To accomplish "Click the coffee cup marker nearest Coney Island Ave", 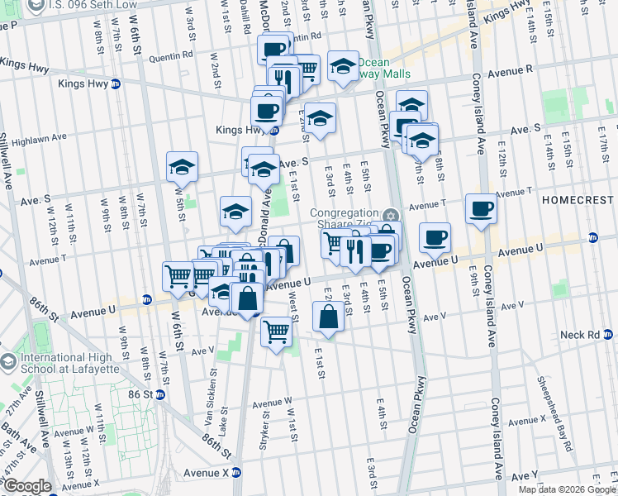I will click(480, 209).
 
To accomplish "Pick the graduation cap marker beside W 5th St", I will click(182, 168).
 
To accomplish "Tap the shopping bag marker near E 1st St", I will click(328, 317).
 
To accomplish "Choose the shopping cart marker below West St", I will click(276, 331).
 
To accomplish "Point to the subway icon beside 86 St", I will click(159, 394).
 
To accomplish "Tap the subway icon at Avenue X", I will click(235, 473).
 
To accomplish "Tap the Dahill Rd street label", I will click(245, 18).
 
